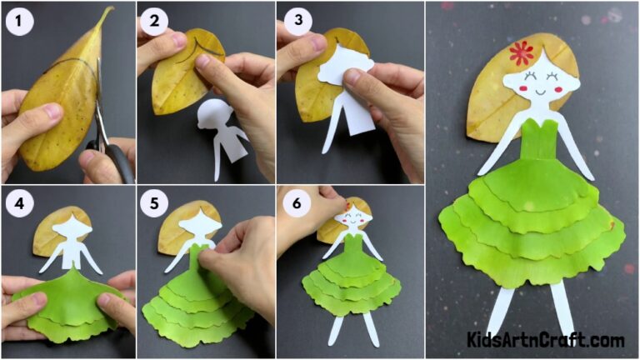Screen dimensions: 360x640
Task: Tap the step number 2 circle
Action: [x=155, y=20]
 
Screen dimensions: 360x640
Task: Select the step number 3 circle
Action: [x=293, y=20]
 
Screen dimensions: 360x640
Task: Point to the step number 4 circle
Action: [x=19, y=203]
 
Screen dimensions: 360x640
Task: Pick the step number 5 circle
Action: [x=155, y=203]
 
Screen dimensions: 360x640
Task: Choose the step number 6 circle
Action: [x=293, y=203]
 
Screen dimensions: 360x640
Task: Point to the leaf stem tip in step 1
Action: [x=107, y=10]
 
